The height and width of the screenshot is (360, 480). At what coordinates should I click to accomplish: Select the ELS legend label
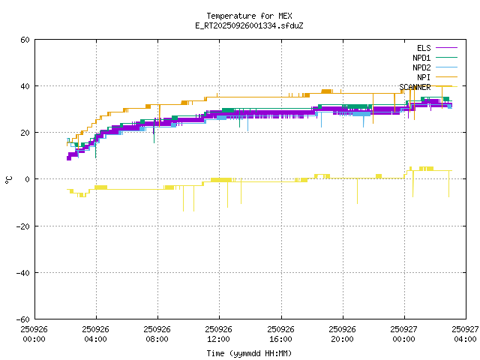click(424, 48)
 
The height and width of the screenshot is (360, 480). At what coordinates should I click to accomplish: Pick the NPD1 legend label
click(421, 58)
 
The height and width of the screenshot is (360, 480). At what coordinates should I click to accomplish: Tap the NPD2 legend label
click(421, 67)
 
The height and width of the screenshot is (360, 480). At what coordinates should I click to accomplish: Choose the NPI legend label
click(424, 77)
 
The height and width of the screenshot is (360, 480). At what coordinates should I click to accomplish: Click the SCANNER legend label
click(415, 87)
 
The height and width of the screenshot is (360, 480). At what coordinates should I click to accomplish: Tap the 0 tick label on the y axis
click(28, 179)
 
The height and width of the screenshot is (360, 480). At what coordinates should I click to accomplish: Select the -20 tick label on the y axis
click(23, 226)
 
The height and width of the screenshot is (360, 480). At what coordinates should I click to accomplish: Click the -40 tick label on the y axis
click(23, 272)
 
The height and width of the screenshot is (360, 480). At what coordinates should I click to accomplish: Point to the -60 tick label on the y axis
click(23, 319)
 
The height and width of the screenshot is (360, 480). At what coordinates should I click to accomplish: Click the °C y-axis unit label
click(9, 179)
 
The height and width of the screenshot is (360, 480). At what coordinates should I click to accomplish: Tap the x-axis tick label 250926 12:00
click(219, 334)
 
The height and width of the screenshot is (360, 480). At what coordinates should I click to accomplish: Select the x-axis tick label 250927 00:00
click(404, 334)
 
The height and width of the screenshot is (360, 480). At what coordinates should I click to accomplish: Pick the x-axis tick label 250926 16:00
click(280, 334)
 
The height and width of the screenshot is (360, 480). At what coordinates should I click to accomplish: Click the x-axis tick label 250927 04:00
click(466, 334)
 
